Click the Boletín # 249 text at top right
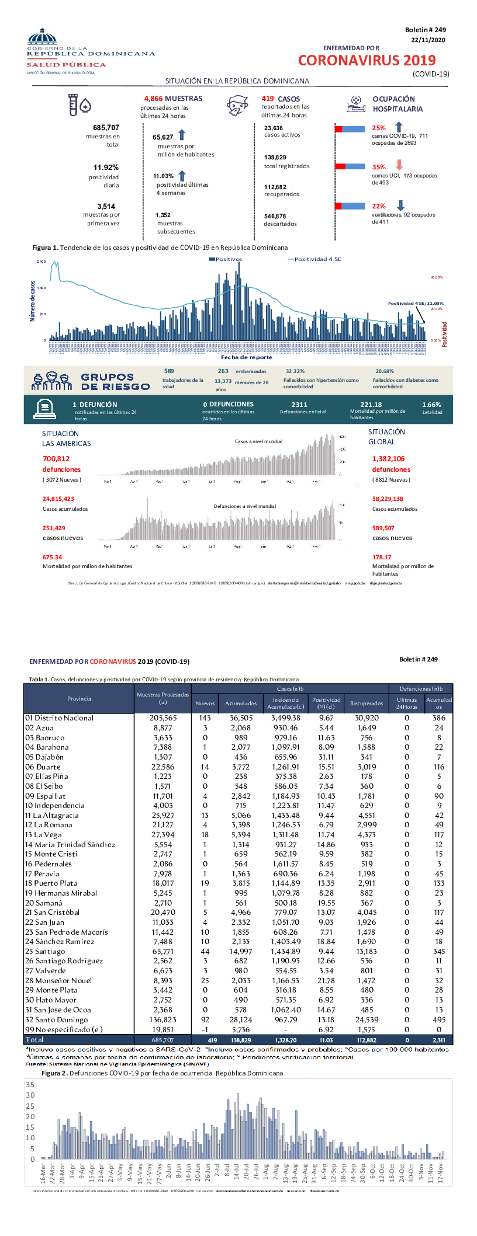425,30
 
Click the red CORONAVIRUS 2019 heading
367,61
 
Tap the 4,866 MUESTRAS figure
173,99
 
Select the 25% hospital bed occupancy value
379,128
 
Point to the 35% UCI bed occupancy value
379,167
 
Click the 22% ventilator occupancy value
379,206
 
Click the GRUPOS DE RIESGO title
115,382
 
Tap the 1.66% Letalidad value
431,405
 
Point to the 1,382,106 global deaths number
388,459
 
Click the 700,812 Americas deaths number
56,459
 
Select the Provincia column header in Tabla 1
79,698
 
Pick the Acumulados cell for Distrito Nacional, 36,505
241,718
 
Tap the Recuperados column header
367,703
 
